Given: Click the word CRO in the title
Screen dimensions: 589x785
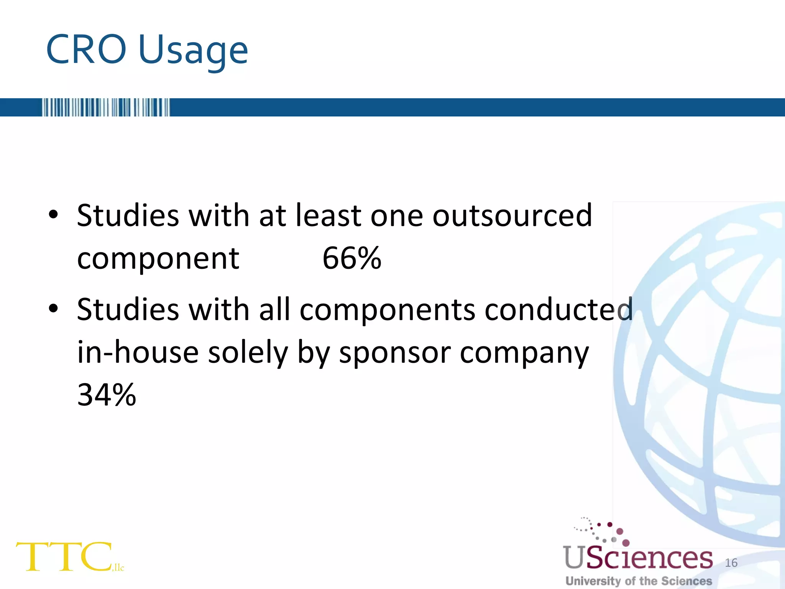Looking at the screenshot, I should tap(86, 50).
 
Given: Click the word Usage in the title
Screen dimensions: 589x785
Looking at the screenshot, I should tap(193, 52).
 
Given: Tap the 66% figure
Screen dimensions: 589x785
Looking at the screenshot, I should tap(352, 258).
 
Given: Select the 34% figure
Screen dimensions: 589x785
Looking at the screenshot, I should tap(107, 395).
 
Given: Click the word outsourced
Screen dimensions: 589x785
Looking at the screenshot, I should tap(512, 216).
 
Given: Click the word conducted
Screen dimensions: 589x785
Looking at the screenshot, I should tap(558, 309).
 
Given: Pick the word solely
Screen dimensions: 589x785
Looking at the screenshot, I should tap(248, 353).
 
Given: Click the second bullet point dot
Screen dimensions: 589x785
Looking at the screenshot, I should tap(53, 308).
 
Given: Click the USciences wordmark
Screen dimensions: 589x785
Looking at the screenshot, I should tap(638, 558).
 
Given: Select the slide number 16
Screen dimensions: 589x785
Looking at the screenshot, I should tap(731, 563).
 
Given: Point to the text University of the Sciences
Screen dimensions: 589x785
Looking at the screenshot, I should tap(639, 581).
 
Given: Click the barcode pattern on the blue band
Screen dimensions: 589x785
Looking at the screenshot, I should tap(106, 107).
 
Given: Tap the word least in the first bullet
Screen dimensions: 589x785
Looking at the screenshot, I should tap(328, 216).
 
